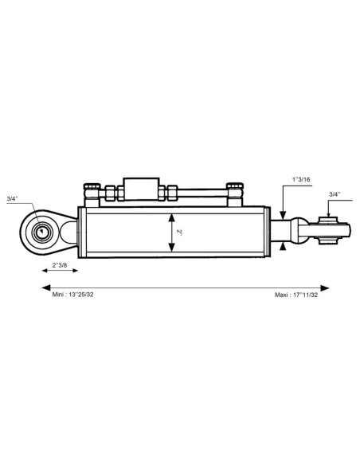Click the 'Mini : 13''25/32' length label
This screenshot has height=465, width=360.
pyautogui.click(x=73, y=295)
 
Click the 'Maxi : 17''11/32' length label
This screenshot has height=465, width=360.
pyautogui.click(x=296, y=295)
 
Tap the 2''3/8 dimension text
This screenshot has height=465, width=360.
pyautogui.click(x=60, y=265)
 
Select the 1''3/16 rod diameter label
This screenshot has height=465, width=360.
pyautogui.click(x=301, y=179)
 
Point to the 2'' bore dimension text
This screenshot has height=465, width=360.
pyautogui.click(x=178, y=232)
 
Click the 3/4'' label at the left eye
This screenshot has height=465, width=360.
pyautogui.click(x=13, y=199)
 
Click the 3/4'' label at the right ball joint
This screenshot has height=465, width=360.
pyautogui.click(x=335, y=194)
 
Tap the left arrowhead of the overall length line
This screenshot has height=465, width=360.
pyautogui.click(x=45, y=287)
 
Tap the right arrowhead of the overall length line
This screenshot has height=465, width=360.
pyautogui.click(x=325, y=288)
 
